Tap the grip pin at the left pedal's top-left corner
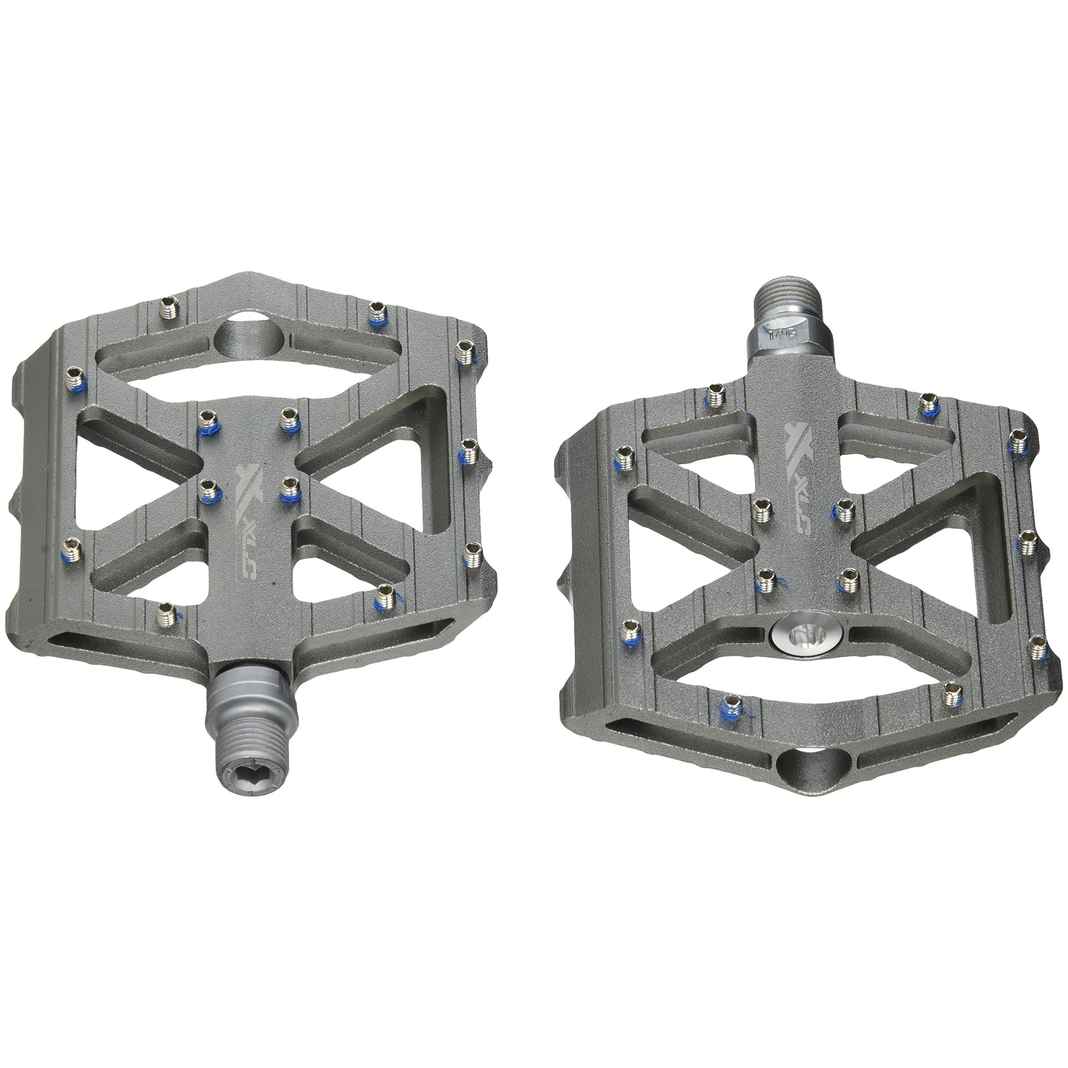point(167,306)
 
